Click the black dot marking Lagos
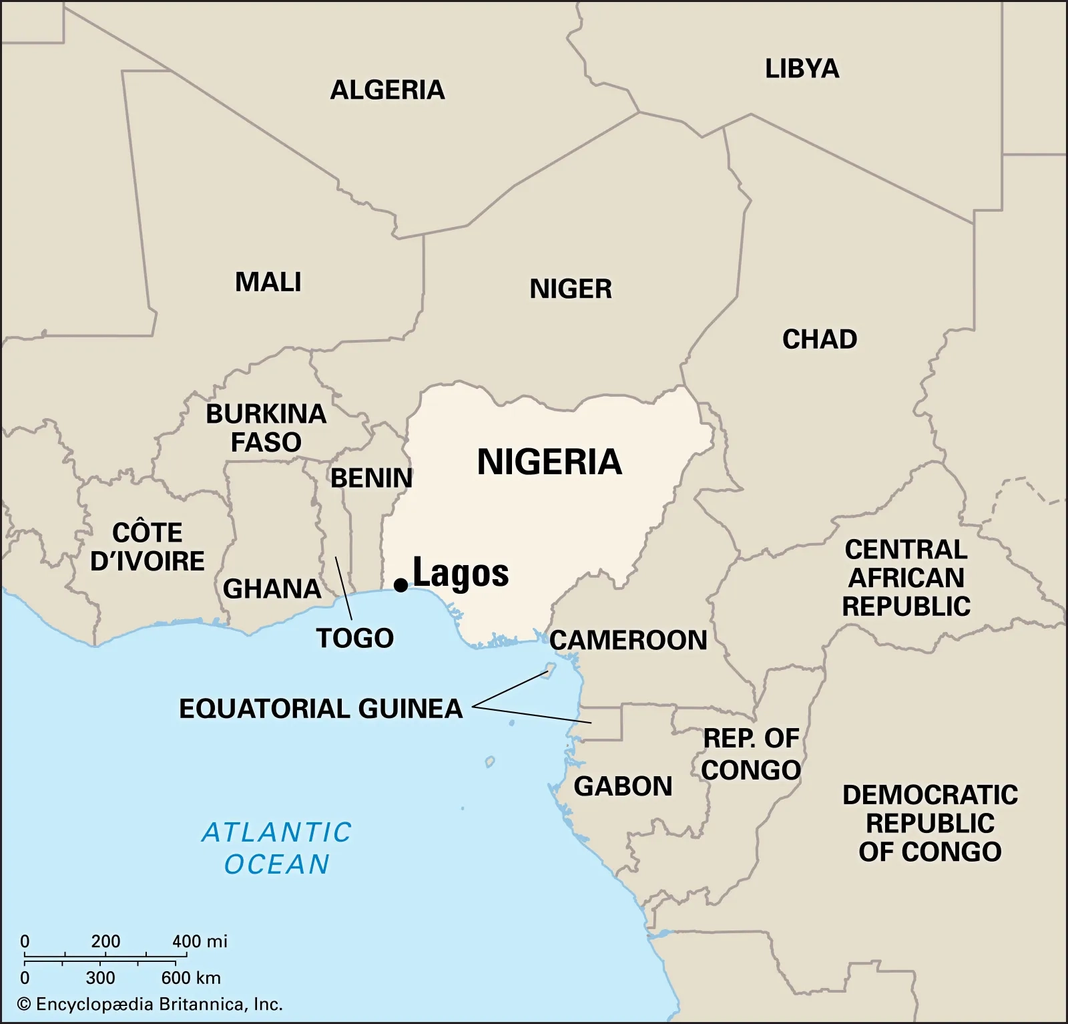(400, 585)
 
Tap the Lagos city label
(461, 573)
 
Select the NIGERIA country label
(549, 462)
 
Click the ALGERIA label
(387, 90)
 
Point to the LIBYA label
(802, 69)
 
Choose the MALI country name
(268, 282)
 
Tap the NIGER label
(570, 289)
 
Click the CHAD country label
(819, 339)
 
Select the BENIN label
(371, 478)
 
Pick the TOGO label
(354, 638)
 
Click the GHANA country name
(272, 589)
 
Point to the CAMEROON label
(628, 640)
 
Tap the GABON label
(623, 786)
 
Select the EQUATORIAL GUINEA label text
(320, 709)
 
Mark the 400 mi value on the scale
(199, 941)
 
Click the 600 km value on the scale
(190, 978)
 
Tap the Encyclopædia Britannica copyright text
(150, 1004)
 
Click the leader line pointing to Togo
(343, 588)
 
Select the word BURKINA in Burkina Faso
(266, 414)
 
